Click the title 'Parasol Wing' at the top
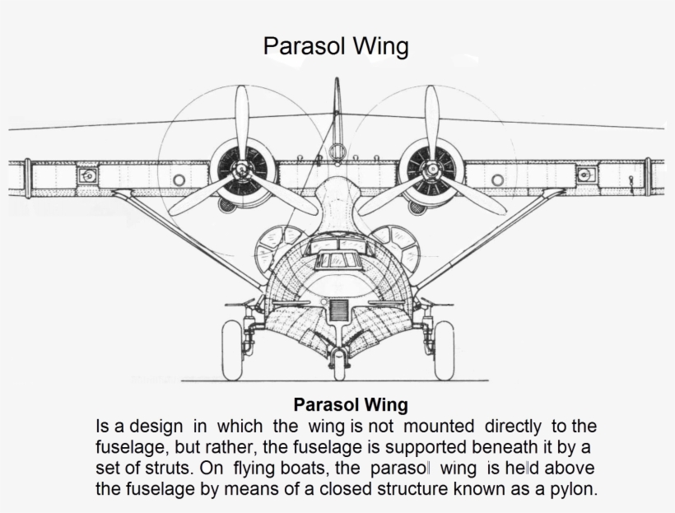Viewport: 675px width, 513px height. [336, 46]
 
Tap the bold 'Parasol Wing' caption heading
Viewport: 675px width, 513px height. [351, 404]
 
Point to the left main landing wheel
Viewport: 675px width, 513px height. [232, 350]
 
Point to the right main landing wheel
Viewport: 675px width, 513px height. [444, 350]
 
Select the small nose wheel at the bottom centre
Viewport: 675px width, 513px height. [339, 365]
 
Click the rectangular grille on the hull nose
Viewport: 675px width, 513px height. [338, 310]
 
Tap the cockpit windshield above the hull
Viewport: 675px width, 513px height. [338, 259]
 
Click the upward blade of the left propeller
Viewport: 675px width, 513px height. [242, 123]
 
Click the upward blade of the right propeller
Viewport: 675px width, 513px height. [432, 123]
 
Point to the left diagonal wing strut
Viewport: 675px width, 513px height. [189, 239]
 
